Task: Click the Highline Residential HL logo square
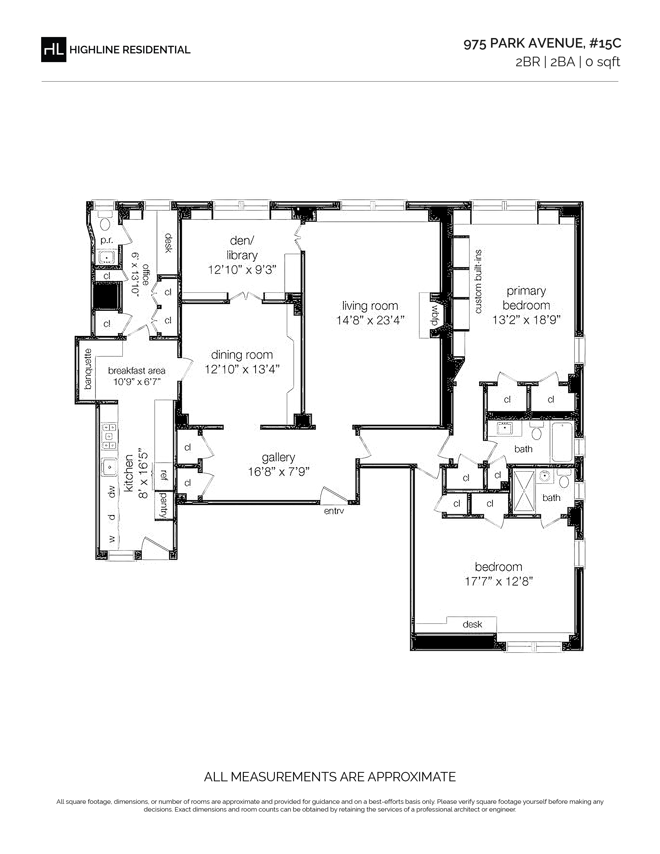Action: (54, 49)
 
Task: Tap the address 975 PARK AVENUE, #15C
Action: (542, 44)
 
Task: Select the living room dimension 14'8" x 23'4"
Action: (370, 320)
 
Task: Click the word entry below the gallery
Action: (334, 511)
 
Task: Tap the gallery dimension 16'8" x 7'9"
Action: (279, 472)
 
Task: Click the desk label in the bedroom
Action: (472, 624)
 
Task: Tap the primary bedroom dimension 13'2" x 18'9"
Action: (526, 320)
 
